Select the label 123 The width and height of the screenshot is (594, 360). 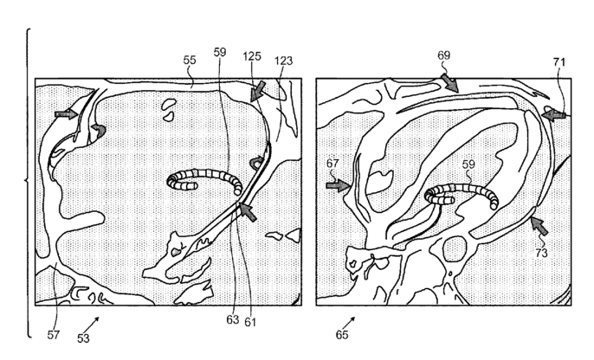coord(283,61)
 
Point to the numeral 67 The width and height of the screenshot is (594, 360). coord(334,163)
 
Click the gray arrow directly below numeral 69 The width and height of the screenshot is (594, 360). coord(449,83)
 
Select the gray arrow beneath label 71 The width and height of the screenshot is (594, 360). coord(552,112)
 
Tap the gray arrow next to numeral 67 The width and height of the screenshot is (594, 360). coord(338,183)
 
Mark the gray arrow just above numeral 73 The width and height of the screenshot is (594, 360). coord(539,227)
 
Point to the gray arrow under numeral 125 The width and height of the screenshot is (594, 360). coord(257,88)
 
